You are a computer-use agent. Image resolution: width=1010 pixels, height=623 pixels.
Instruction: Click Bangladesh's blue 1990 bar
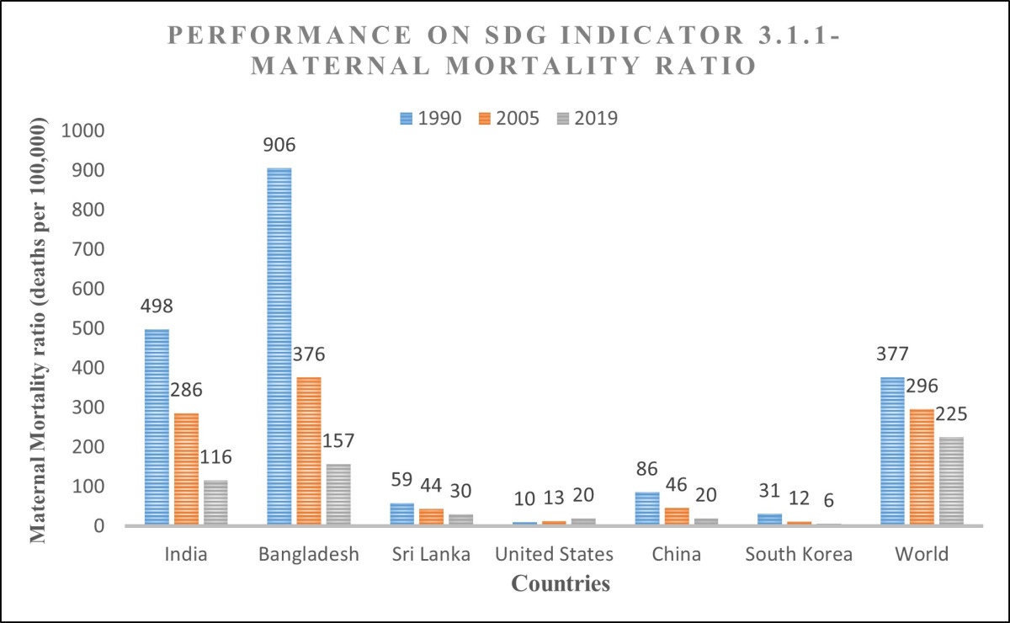tap(279, 346)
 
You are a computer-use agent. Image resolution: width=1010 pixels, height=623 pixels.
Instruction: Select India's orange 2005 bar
tap(186, 469)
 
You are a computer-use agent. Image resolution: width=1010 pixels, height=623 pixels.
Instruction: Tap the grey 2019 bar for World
tap(951, 481)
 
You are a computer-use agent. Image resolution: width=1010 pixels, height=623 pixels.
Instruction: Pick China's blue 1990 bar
tap(647, 509)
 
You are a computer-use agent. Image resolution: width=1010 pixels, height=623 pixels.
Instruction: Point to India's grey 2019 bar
tap(215, 502)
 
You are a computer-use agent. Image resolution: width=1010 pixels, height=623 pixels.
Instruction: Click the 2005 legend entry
tap(509, 118)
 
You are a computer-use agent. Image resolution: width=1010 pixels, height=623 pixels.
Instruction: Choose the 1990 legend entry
tap(431, 118)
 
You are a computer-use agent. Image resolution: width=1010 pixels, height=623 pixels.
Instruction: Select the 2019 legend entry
tap(587, 118)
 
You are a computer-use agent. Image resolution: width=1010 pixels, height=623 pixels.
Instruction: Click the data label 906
tap(279, 145)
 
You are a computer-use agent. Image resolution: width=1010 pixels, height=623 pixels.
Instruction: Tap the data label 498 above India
tap(157, 306)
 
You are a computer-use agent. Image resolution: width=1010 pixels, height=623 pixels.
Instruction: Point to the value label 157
tap(338, 441)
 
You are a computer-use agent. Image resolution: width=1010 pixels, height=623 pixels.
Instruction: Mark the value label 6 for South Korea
tap(829, 500)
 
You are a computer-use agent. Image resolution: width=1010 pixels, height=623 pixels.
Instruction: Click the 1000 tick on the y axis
tap(82, 130)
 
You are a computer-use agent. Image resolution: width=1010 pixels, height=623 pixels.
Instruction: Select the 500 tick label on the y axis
tap(88, 328)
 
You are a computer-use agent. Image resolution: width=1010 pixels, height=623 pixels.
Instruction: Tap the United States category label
tap(554, 554)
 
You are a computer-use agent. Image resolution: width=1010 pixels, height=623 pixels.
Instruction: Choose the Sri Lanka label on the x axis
tap(431, 554)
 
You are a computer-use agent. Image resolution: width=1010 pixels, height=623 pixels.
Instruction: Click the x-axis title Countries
tap(561, 583)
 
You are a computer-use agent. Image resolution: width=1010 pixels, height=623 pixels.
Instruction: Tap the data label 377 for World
tap(892, 354)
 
